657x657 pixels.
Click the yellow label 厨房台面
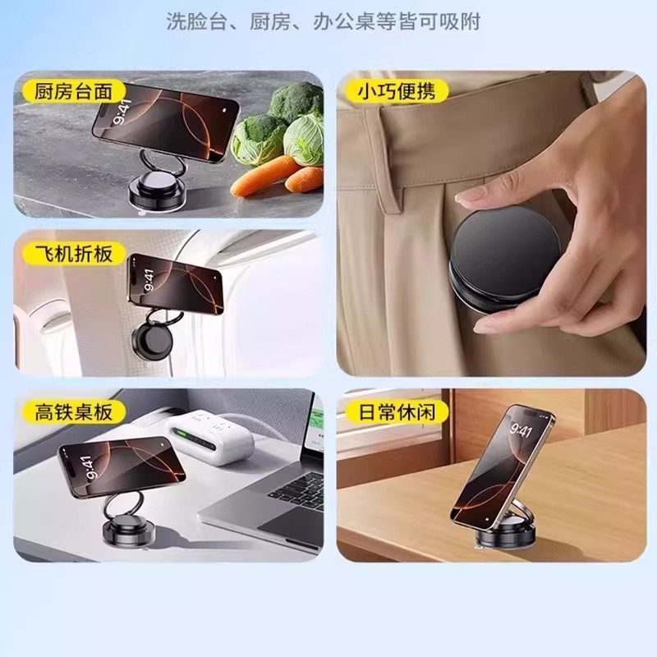tap(74, 90)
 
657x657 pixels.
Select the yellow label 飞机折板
tap(74, 252)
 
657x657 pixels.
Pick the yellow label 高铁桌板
tap(74, 411)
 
